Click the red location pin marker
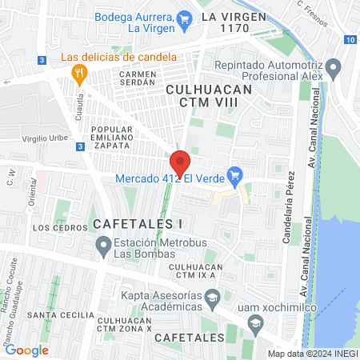click(x=180, y=162)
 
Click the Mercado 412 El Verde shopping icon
click(x=234, y=174)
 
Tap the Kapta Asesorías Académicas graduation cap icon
click(x=212, y=301)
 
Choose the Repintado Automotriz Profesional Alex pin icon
click(x=335, y=66)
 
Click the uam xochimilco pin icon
click(x=255, y=322)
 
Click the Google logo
click(x=27, y=350)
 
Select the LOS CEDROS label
click(x=53, y=227)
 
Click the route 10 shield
click(x=350, y=40)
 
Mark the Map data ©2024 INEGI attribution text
click(x=312, y=353)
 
